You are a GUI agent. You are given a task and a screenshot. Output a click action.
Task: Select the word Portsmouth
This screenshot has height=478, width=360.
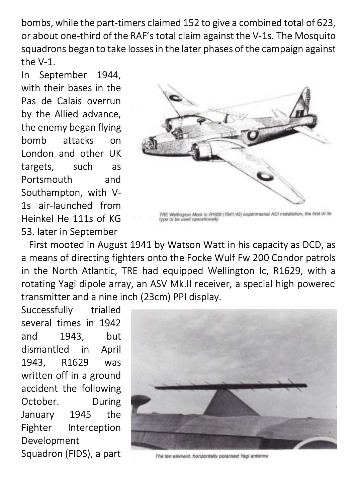pyautogui.click(x=47, y=180)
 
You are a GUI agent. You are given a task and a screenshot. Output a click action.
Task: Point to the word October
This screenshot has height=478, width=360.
pyautogui.click(x=40, y=401)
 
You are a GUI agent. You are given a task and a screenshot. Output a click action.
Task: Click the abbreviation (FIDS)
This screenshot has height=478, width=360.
pyautogui.click(x=74, y=454)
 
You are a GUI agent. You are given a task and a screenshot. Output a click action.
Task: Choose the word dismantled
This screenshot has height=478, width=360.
pyautogui.click(x=45, y=349)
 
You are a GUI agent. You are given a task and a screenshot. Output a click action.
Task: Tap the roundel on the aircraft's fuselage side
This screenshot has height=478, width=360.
pyautogui.click(x=253, y=135)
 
